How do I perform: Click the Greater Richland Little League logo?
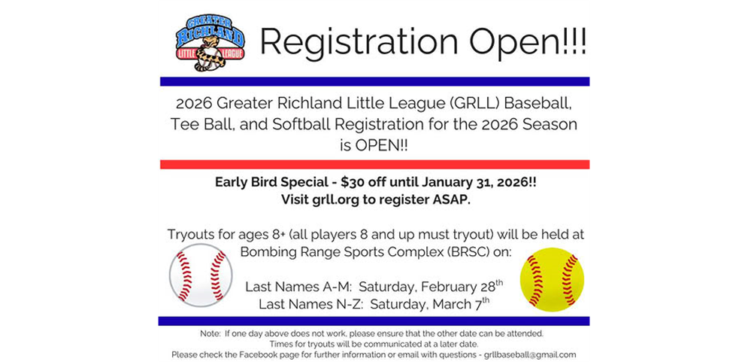point(210,42)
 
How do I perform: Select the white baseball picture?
point(200,275)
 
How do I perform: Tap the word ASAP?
point(444,200)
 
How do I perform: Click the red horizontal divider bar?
point(374,164)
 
